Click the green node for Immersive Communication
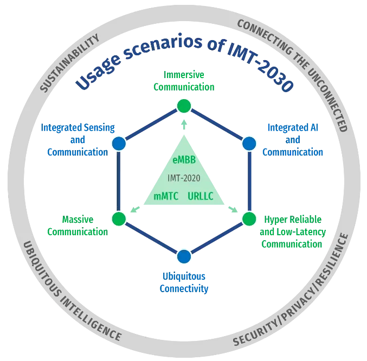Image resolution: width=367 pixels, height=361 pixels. (x=184, y=105)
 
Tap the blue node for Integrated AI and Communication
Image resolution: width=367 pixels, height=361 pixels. (x=249, y=143)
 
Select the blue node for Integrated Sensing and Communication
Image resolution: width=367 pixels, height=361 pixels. (x=119, y=143)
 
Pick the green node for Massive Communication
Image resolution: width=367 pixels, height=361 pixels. (x=119, y=219)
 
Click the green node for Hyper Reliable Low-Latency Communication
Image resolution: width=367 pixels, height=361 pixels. (x=249, y=219)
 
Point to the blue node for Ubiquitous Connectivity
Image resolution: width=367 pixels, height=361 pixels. (x=184, y=256)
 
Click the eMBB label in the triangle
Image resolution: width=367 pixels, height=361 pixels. (x=183, y=160)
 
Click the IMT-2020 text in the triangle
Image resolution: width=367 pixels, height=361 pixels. (x=183, y=178)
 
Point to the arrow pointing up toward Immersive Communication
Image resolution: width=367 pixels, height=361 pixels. (x=184, y=124)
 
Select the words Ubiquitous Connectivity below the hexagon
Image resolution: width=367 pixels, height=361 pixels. (x=184, y=282)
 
